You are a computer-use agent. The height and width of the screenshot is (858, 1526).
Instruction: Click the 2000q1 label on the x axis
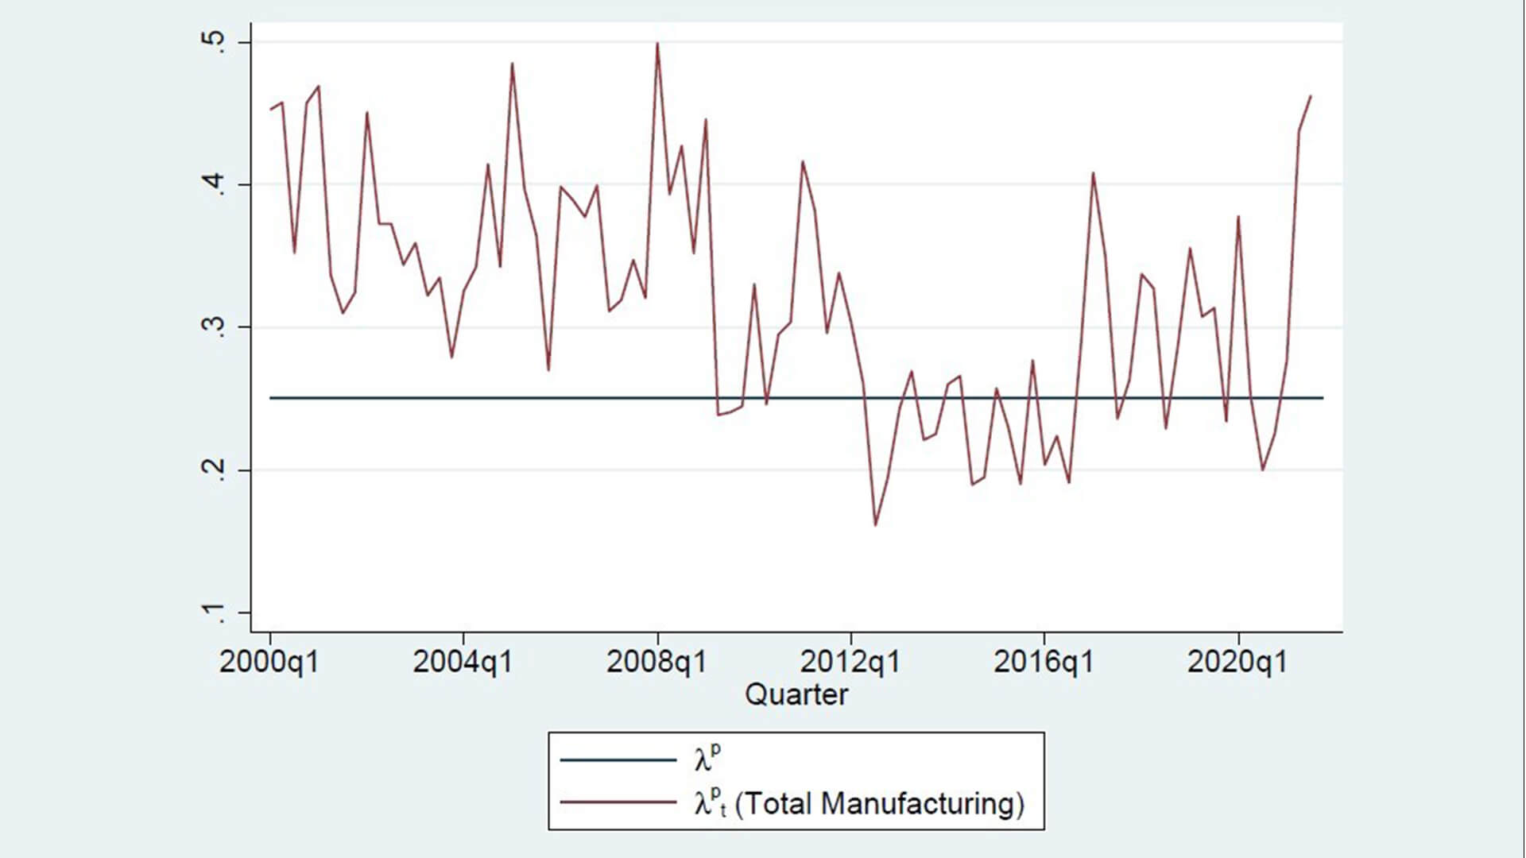[269, 661]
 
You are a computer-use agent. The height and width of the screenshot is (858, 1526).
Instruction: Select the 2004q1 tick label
[463, 661]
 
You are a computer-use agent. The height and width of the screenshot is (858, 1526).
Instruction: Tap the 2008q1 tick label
[656, 661]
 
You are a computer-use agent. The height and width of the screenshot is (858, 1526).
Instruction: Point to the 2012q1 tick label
[850, 661]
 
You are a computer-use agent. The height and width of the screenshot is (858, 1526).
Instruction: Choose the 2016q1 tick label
[1044, 661]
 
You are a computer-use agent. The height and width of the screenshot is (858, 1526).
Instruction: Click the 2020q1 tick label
[1237, 661]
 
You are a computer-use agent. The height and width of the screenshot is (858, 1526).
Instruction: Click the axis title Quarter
[796, 695]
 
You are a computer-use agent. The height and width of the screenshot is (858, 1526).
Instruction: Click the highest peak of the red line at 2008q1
[657, 44]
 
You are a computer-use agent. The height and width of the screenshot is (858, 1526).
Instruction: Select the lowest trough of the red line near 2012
[875, 525]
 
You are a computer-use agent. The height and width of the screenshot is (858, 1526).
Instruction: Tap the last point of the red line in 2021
[1310, 96]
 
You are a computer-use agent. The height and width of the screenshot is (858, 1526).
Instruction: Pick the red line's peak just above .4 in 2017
[1093, 172]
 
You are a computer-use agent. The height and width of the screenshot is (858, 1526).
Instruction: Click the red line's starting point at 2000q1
[270, 110]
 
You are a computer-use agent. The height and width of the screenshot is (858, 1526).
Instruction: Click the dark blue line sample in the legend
[618, 760]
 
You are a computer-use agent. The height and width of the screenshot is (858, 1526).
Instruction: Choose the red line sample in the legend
[618, 802]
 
